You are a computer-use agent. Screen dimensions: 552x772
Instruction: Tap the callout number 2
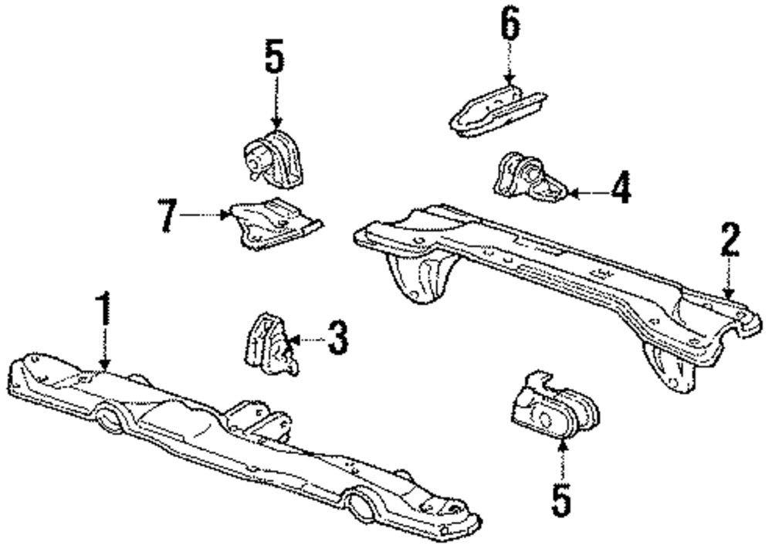pos(730,242)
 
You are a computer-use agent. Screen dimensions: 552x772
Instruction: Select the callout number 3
pos(337,339)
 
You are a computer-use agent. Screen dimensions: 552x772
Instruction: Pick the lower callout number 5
pos(563,497)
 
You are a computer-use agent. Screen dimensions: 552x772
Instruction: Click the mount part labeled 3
pos(268,344)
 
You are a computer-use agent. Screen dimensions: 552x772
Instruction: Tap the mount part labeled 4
pos(528,178)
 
